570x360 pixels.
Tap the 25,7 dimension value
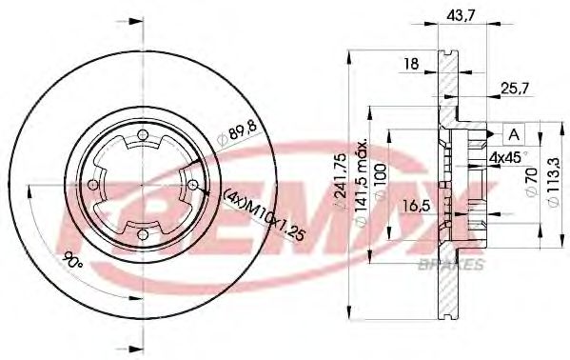coord(516,89)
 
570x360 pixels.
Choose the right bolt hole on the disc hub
coord(191,184)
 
